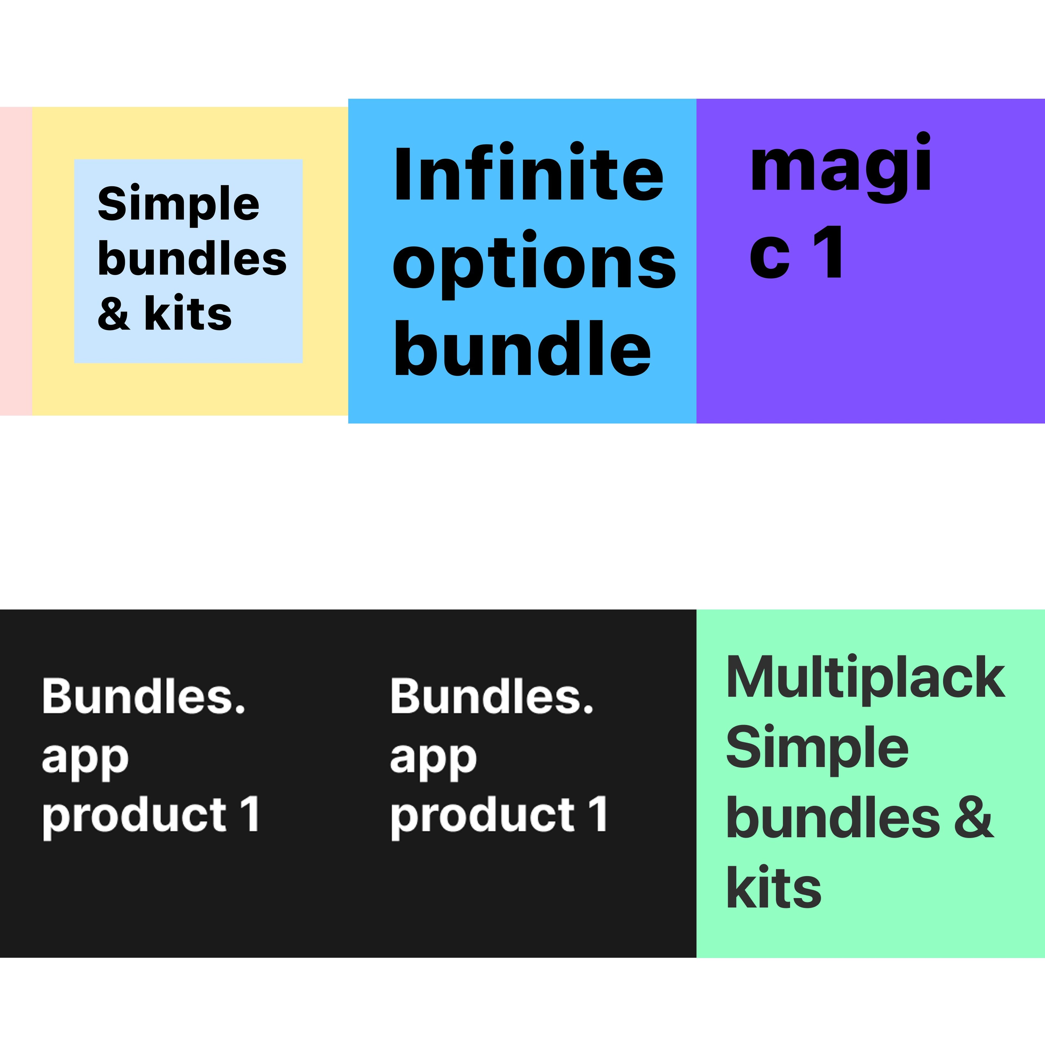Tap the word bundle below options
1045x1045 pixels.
[522, 347]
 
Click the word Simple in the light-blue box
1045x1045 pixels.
[179, 204]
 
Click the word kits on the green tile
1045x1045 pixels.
[773, 887]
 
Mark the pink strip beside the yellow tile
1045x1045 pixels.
[16, 261]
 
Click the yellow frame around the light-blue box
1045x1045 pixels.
[53, 261]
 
